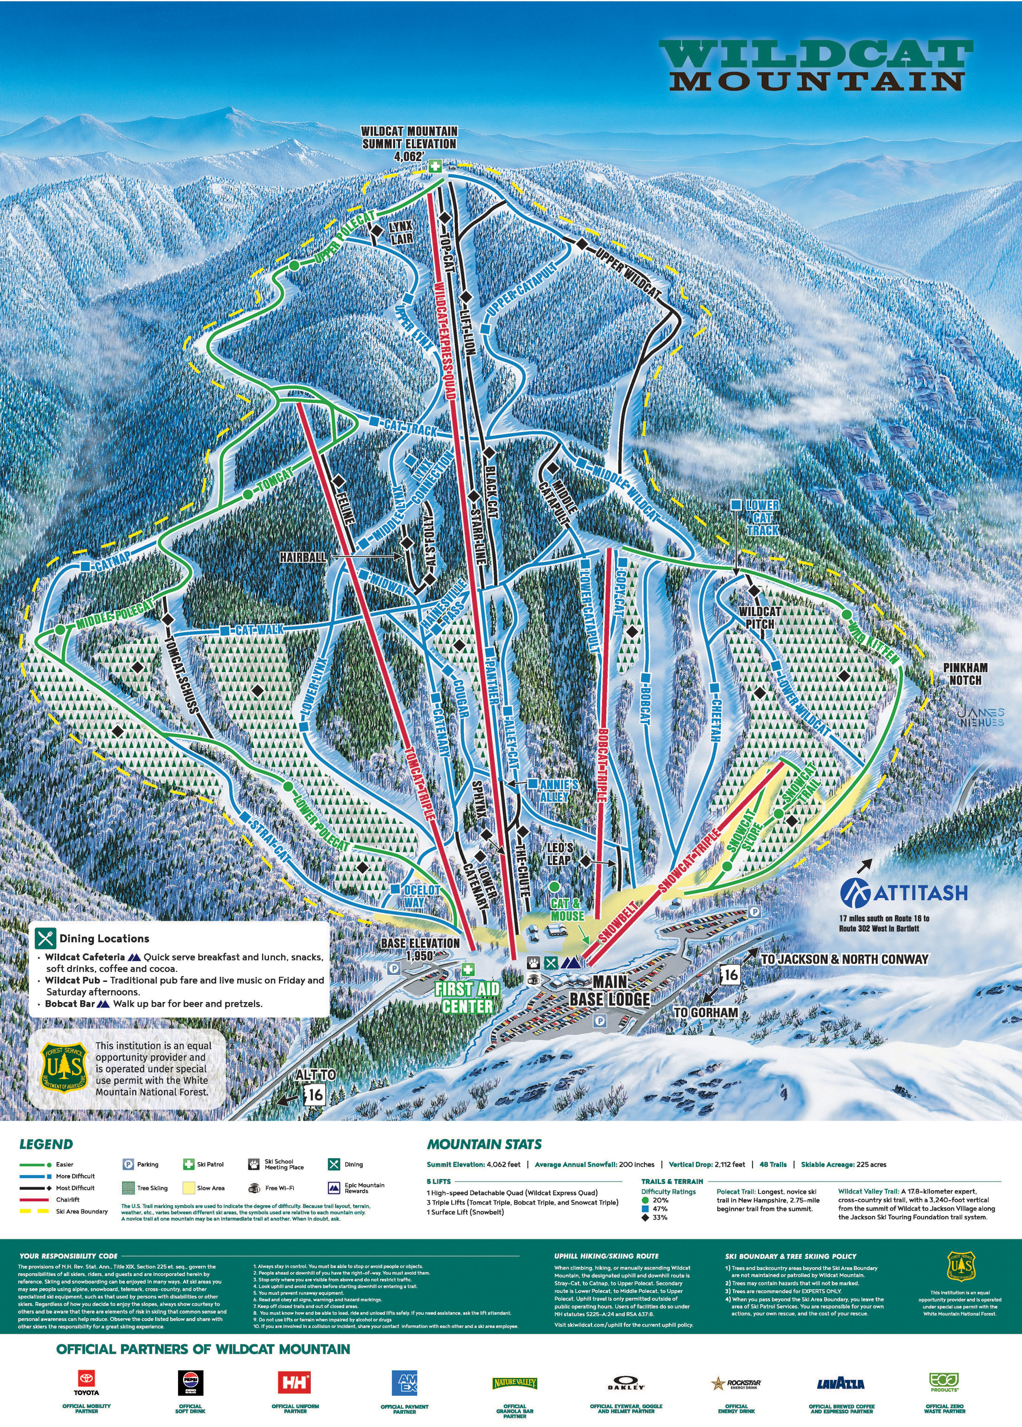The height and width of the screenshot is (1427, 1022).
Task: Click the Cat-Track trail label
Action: [x=410, y=426]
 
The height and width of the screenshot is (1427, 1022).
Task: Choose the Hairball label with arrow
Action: [x=303, y=557]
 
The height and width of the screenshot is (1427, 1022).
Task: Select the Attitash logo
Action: [x=904, y=892]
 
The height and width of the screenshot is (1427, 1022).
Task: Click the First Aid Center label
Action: [x=467, y=997]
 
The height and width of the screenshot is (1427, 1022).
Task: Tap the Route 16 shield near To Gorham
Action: [x=729, y=975]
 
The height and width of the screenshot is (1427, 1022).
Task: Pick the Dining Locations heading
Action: [x=104, y=938]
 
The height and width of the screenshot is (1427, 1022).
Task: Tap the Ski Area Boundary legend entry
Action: [x=81, y=1211]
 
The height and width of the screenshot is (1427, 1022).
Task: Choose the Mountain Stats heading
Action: [x=484, y=1144]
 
